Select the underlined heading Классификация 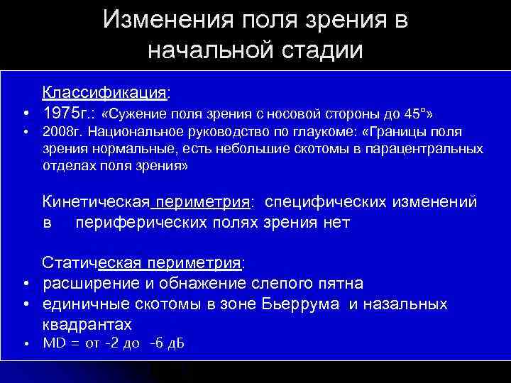pyautogui.click(x=105, y=93)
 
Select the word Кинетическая pyautogui.click(x=97, y=202)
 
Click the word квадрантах pyautogui.click(x=87, y=324)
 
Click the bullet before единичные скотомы pyautogui.click(x=25, y=304)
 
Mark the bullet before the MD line pyautogui.click(x=25, y=344)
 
